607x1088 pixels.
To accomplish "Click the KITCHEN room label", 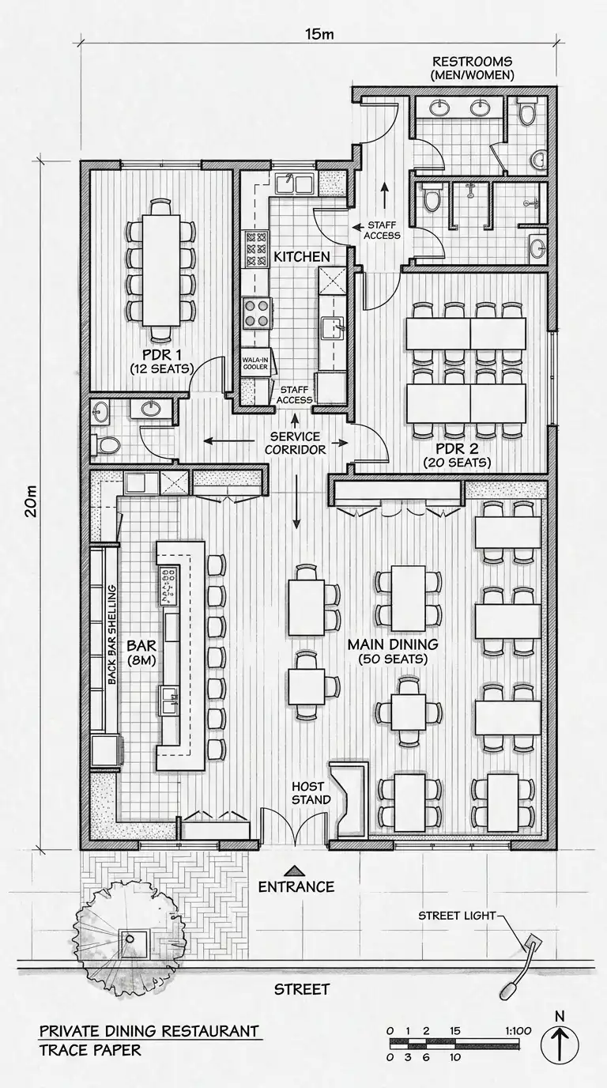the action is [302, 256].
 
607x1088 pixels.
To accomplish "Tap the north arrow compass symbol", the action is [560, 1045].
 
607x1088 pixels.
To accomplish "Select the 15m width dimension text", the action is [319, 34].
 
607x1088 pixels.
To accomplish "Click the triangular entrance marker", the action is [295, 870].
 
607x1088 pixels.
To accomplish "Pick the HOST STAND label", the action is [311, 793].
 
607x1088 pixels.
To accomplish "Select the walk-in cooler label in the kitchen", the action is [255, 363].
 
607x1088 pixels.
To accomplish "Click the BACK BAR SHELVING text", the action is [112, 635].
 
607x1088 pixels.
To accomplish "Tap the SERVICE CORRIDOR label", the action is [296, 443].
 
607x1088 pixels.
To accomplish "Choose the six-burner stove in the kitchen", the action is [256, 250].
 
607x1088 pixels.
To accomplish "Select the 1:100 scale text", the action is [518, 1031].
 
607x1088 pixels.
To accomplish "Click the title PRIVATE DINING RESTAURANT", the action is [149, 1031].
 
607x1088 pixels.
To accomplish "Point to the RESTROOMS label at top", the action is [473, 62].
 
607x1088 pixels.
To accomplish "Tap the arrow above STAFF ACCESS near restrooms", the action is [385, 195].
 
